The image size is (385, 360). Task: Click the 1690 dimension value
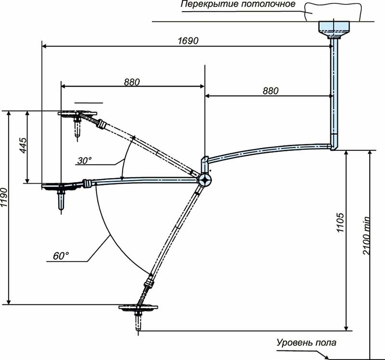click(188, 40)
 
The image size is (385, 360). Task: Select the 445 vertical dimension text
click(24, 146)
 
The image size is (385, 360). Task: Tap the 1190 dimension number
click(4, 197)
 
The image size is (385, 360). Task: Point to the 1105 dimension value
click(340, 223)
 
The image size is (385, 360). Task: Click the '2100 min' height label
click(366, 236)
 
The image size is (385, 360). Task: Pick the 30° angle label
click(84, 161)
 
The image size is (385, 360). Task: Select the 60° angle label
click(61, 256)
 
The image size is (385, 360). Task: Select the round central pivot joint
click(205, 180)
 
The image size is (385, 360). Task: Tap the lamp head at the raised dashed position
click(77, 122)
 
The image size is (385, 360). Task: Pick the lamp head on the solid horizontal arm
click(61, 194)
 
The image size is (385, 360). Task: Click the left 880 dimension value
click(131, 82)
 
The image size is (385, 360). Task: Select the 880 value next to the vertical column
click(270, 91)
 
